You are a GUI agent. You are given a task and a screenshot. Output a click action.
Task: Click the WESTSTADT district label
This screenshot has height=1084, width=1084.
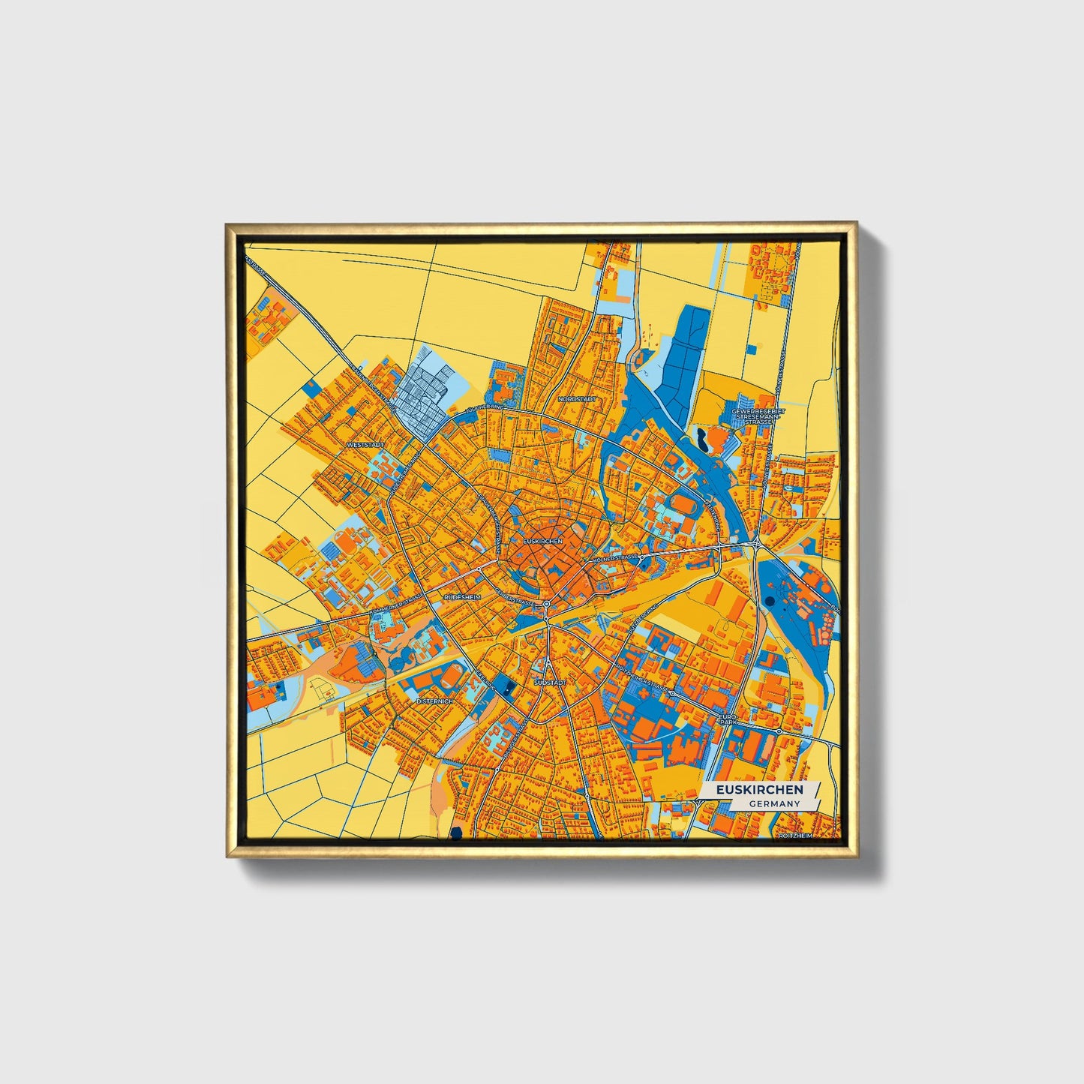365,445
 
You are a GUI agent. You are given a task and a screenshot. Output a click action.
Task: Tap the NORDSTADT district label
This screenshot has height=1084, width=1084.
578,399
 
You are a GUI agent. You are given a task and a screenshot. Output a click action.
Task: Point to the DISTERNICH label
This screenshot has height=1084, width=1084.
435,701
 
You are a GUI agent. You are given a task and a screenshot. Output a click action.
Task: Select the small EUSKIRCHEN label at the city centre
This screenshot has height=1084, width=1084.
542,541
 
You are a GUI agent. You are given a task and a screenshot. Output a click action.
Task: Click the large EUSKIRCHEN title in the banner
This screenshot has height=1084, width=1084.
758,790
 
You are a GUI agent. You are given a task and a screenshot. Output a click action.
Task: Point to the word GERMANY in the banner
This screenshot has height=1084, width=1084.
774,804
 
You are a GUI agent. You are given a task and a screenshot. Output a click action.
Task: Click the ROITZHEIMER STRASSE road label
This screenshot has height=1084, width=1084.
642,679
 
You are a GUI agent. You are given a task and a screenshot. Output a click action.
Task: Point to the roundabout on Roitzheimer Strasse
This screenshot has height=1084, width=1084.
672,694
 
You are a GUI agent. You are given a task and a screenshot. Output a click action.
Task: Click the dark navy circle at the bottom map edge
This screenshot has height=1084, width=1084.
455,832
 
